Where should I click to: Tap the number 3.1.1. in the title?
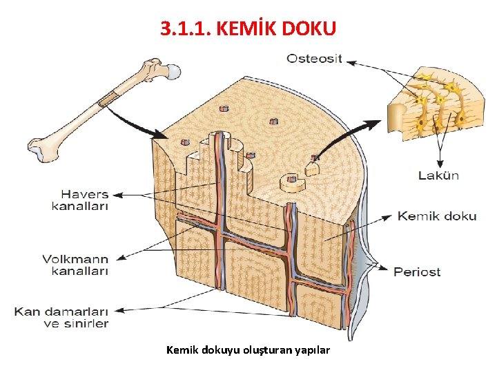click(186, 28)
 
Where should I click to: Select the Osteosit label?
click(314, 59)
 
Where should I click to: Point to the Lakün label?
click(438, 175)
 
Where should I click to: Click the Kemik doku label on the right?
click(436, 216)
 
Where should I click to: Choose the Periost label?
click(417, 271)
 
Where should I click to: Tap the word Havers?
click(80, 193)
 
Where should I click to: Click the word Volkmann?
click(75, 259)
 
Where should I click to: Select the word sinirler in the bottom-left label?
click(85, 323)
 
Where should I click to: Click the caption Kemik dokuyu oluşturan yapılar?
click(248, 350)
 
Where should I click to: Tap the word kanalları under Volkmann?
click(80, 271)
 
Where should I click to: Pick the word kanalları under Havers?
click(80, 205)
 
